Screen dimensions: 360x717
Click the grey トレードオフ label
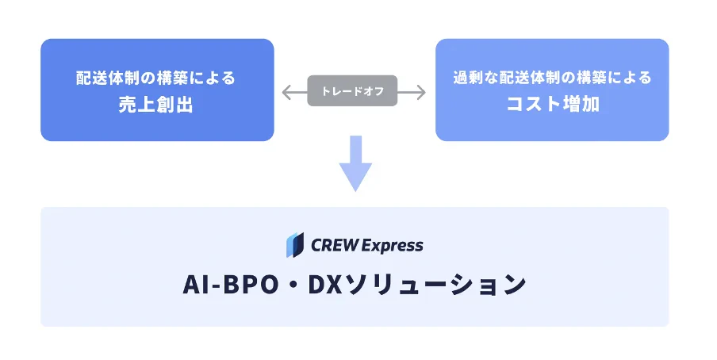click(352, 91)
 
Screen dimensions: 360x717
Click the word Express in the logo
click(392, 246)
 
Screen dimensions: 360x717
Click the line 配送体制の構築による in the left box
click(156, 79)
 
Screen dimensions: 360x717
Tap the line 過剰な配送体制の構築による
click(552, 79)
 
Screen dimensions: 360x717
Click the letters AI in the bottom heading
click(195, 285)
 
